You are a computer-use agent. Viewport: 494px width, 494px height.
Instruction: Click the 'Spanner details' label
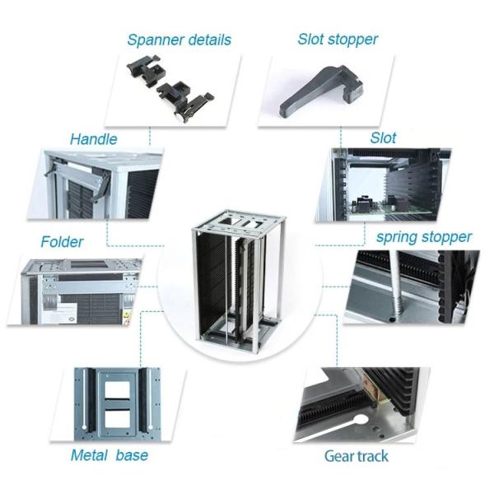pos(179,40)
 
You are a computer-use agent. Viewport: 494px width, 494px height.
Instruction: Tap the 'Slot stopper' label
pos(338,39)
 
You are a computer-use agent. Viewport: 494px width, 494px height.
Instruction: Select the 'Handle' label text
pos(93,139)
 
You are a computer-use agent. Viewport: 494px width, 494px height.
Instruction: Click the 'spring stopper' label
pos(424,237)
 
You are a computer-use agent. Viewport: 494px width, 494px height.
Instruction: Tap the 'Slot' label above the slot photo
pos(383,137)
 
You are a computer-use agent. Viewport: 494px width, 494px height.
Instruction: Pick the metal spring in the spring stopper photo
pos(398,284)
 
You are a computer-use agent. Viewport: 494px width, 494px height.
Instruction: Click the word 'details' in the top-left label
pos(207,40)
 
